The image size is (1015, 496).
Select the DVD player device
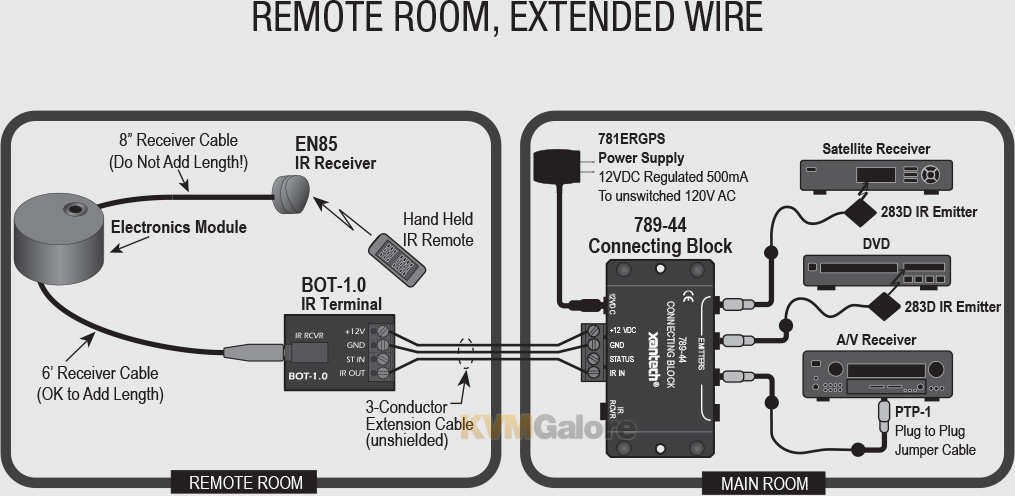pyautogui.click(x=876, y=270)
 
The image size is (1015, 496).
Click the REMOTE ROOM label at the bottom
pyautogui.click(x=246, y=483)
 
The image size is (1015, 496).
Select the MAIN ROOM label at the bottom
pyautogui.click(x=765, y=483)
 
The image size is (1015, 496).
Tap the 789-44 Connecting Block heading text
pyautogui.click(x=659, y=235)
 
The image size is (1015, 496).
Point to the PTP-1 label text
pyautogui.click(x=913, y=412)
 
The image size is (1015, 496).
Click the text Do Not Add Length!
pyautogui.click(x=178, y=162)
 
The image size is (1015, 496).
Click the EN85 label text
pyautogui.click(x=316, y=143)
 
